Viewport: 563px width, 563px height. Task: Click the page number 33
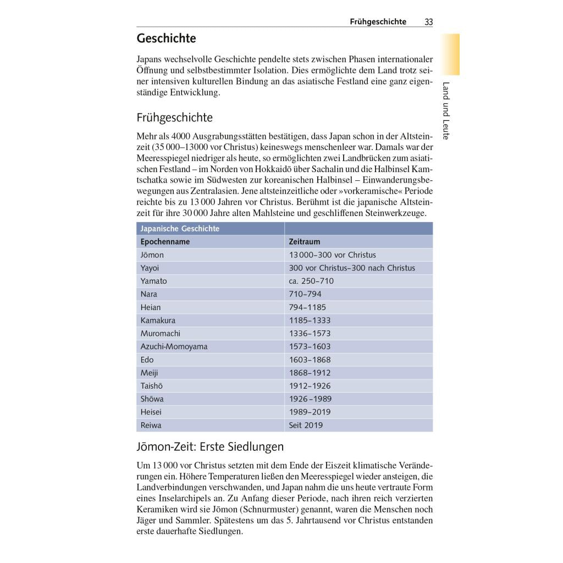coord(428,22)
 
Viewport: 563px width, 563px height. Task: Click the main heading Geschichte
coord(166,39)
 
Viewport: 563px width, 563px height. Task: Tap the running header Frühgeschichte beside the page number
coord(378,22)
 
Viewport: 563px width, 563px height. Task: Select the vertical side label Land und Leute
coord(446,111)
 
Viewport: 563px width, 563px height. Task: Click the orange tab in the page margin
coord(450,54)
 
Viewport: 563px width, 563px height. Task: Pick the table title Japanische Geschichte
coord(180,229)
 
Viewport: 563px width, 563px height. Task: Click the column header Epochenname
coord(165,242)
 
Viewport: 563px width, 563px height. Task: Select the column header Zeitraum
coord(304,242)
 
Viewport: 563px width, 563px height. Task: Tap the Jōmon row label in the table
coord(152,255)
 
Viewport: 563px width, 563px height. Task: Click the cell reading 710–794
coord(305,294)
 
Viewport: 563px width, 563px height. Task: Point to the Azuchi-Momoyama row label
coord(174,346)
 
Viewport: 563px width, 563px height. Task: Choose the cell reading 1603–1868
coord(310,360)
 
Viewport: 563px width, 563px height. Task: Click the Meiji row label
coord(149,373)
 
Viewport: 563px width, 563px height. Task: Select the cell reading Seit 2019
coord(306,425)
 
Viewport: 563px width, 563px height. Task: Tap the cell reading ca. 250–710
coord(311,281)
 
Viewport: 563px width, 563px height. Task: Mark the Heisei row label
coord(151,412)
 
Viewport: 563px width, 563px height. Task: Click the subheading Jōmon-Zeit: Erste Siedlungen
coord(210,446)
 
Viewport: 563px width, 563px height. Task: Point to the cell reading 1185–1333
coord(310,320)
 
